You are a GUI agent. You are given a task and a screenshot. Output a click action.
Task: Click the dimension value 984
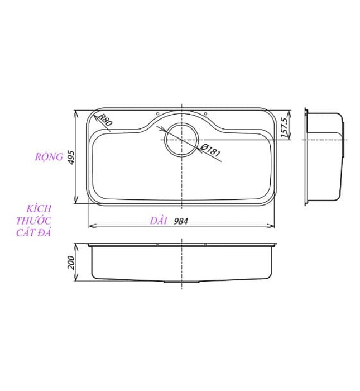[180, 221]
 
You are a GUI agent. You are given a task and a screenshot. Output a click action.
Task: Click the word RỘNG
[48, 157]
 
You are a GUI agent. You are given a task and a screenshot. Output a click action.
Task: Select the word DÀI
[159, 221]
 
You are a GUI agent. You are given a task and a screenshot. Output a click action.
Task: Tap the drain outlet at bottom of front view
[181, 282]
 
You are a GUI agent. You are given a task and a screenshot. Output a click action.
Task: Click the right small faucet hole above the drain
[205, 114]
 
